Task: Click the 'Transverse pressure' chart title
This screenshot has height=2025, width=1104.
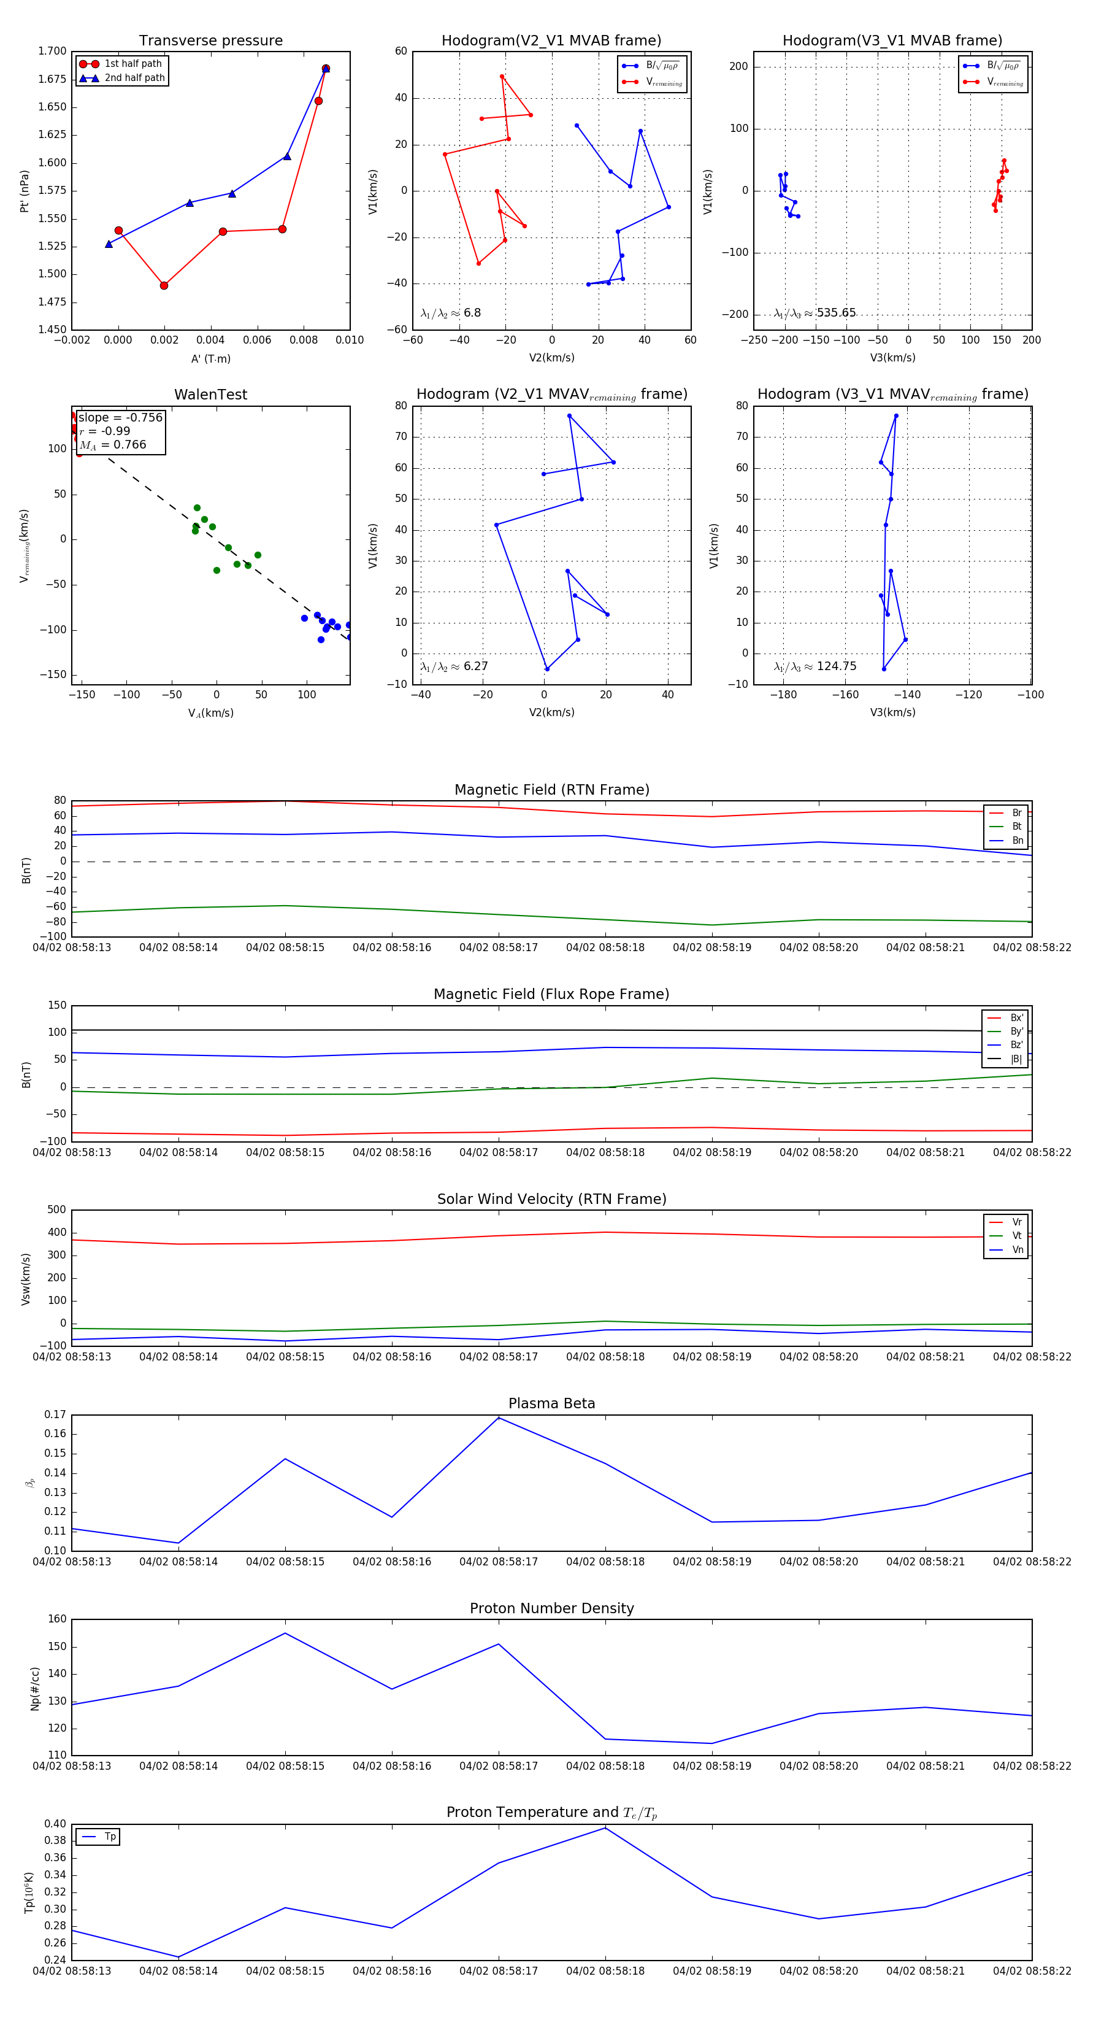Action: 210,41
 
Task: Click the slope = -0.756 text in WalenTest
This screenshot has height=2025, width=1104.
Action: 120,417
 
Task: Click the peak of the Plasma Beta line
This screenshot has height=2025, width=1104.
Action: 498,1417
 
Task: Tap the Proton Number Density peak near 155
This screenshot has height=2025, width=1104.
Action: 285,1633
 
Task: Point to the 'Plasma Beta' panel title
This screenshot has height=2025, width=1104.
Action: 551,1403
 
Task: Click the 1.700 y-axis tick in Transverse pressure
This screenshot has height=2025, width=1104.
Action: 53,51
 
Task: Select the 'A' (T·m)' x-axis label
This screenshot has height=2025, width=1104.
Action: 210,358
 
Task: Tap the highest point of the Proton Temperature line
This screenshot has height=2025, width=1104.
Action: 605,1827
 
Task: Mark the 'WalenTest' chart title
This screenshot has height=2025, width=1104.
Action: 210,395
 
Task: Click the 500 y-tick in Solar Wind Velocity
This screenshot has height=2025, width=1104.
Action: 56,1210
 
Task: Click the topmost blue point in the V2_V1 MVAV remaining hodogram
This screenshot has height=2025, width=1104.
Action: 569,416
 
